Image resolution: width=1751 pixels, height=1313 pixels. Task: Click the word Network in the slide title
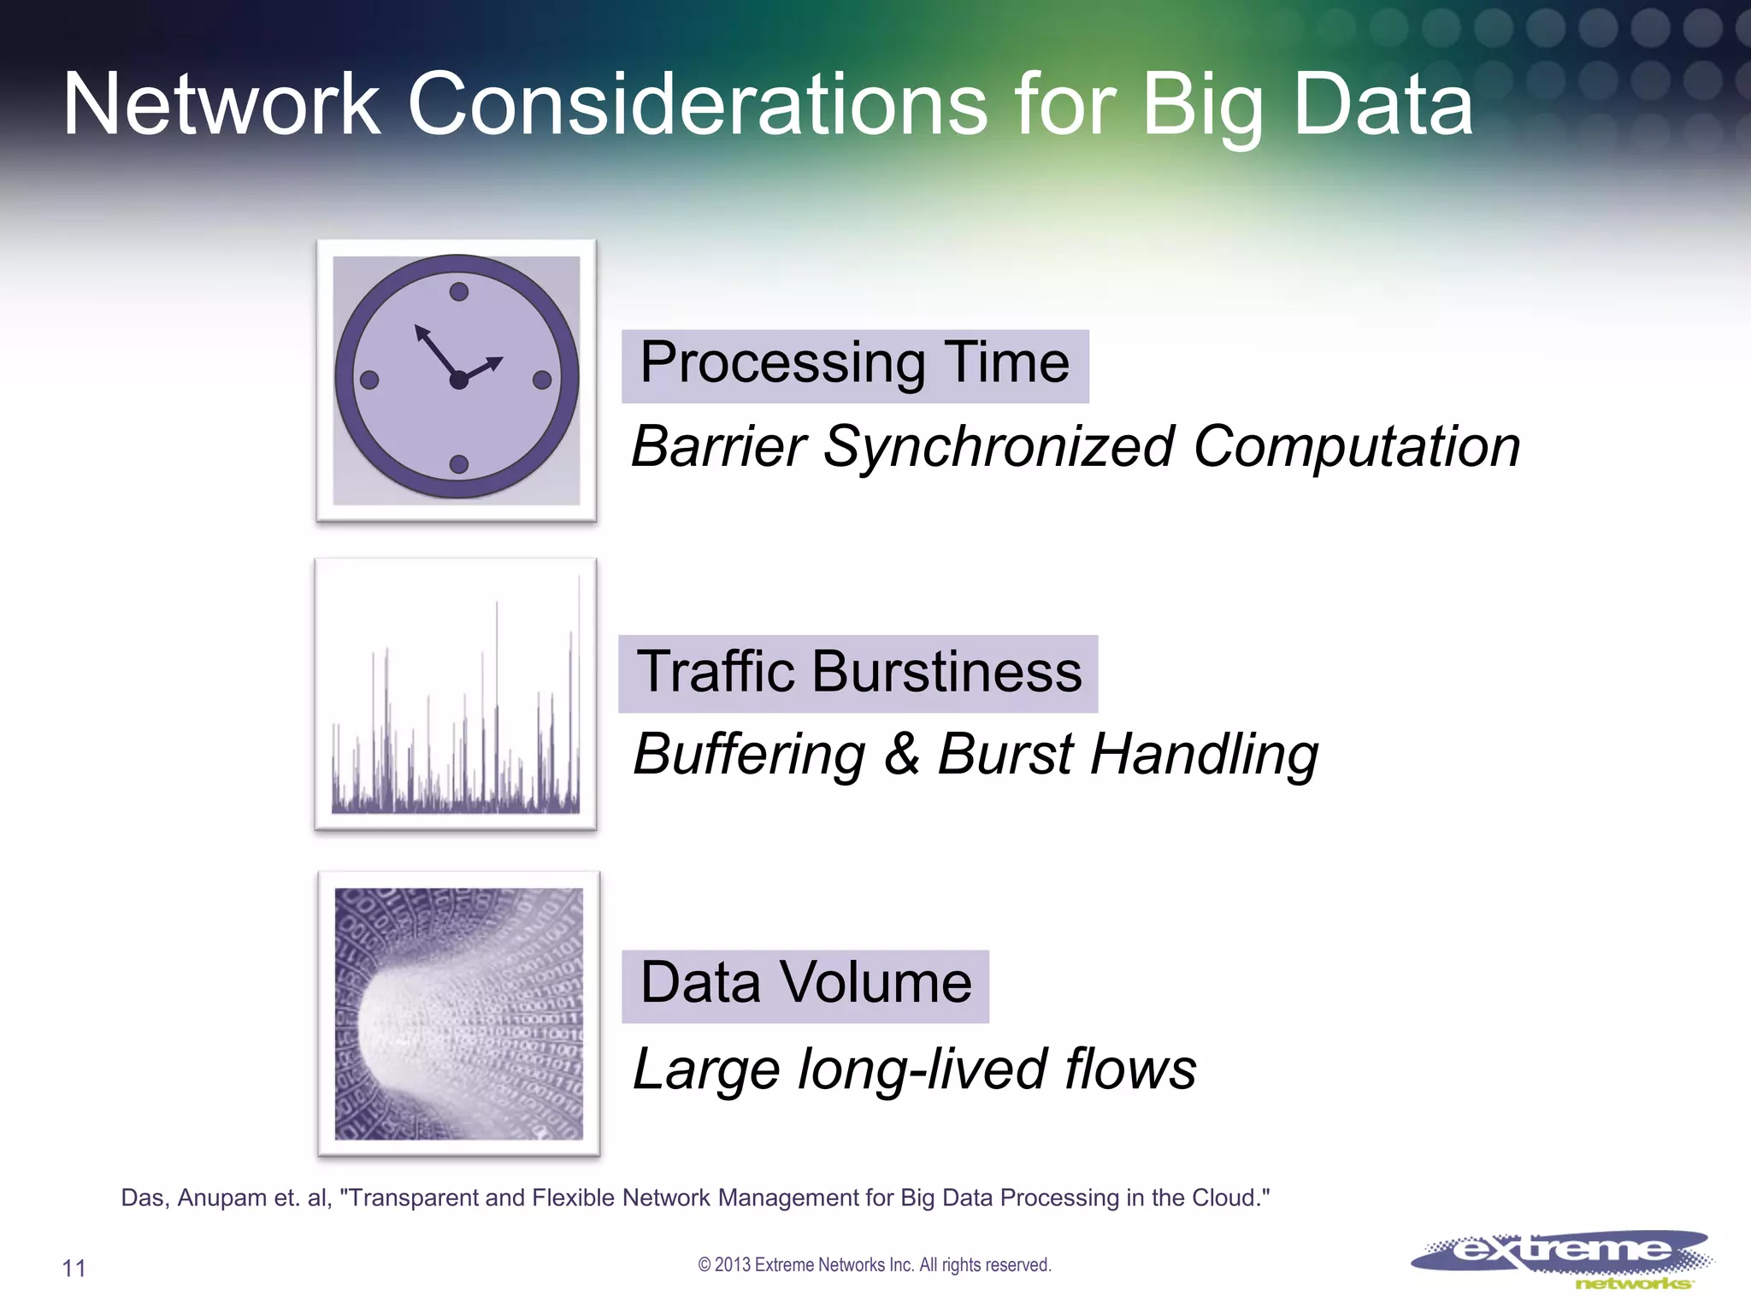221,104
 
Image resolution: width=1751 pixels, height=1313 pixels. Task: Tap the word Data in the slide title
1383,104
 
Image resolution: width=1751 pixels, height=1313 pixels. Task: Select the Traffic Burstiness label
858,673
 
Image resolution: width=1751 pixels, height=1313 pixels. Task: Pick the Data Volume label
805,984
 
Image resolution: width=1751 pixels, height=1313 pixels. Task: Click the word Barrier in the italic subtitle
718,447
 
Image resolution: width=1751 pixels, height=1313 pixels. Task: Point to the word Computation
1356,447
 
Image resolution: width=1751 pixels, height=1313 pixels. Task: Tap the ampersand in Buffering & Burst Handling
901,754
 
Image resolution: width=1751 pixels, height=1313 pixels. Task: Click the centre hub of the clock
458,380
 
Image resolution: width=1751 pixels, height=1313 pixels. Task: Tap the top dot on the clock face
458,292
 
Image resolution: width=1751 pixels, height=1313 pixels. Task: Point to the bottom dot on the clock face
458,464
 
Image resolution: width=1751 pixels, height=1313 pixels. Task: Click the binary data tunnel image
458,1014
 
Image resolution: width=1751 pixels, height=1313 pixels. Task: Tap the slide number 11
74,1269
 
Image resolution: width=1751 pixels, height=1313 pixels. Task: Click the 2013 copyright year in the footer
732,1265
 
